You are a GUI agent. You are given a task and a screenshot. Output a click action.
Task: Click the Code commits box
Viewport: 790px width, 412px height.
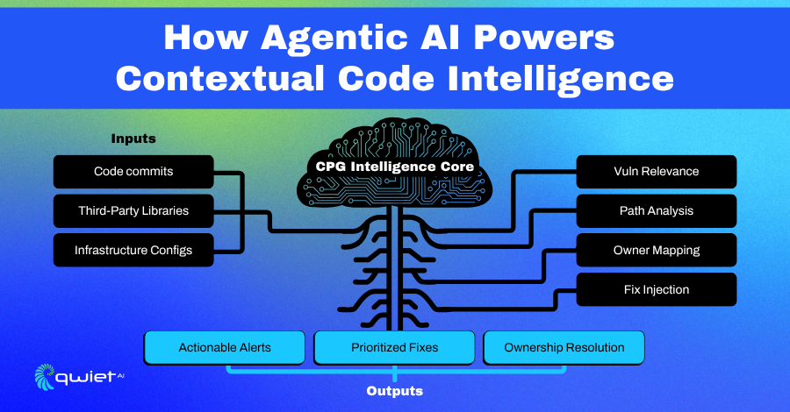pos(133,172)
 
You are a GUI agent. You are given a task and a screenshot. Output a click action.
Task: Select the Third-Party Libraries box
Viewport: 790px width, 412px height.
pos(133,210)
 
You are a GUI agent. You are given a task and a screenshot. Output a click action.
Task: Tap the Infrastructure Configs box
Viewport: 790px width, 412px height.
pos(133,250)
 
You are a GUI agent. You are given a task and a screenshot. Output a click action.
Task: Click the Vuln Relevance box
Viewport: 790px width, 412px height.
pos(657,172)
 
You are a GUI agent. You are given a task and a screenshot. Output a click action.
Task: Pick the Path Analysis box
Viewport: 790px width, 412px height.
pos(657,210)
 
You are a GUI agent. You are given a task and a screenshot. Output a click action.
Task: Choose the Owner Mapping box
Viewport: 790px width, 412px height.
pos(657,250)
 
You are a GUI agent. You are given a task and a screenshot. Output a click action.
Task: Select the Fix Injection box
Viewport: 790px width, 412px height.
pos(657,289)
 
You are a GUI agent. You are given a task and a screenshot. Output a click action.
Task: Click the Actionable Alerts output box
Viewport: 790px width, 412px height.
pos(225,348)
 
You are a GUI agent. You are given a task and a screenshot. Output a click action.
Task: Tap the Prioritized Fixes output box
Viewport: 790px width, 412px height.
pos(394,348)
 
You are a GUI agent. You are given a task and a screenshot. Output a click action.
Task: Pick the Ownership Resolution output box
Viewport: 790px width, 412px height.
pos(564,348)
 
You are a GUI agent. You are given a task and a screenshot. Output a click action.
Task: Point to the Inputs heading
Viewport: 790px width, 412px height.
pos(133,139)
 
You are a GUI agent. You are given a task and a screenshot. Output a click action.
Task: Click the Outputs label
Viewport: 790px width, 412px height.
pos(394,391)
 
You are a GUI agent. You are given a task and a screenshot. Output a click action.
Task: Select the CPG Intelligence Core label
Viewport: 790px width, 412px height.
pos(394,167)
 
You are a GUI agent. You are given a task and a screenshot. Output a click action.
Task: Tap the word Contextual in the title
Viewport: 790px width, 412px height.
pos(220,79)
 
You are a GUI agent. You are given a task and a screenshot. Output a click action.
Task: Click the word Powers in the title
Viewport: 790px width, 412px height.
pos(544,38)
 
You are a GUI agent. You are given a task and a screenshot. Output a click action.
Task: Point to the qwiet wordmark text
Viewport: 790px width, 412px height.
pos(86,377)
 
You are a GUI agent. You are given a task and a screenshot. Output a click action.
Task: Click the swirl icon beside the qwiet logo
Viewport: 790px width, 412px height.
pos(45,377)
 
